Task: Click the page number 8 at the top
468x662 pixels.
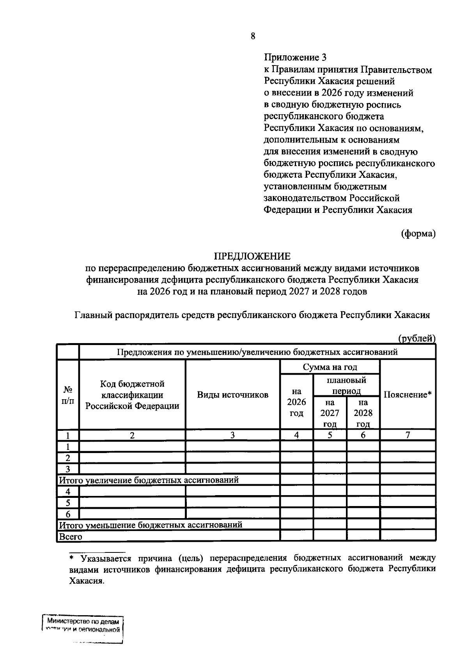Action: pos(253,36)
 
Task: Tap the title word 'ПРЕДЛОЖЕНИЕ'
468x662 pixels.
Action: pos(252,256)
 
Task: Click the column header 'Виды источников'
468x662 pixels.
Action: pos(232,395)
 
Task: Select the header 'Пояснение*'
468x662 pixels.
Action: pos(408,394)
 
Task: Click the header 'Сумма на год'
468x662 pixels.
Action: pos(330,367)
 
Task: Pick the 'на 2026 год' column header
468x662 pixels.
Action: pos(296,402)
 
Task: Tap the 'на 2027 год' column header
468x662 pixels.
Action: pos(330,413)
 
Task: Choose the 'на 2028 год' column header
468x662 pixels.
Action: pos(363,413)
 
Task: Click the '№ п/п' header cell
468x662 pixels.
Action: pos(68,394)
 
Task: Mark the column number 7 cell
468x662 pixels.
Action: pos(408,435)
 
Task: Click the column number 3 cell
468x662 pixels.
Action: pos(232,435)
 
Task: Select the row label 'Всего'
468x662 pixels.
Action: pos(71,536)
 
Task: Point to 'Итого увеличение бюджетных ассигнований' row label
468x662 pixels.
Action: pos(149,480)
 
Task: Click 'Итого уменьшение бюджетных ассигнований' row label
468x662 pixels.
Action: pos(151,525)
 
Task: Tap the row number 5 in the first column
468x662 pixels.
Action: pos(68,503)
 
